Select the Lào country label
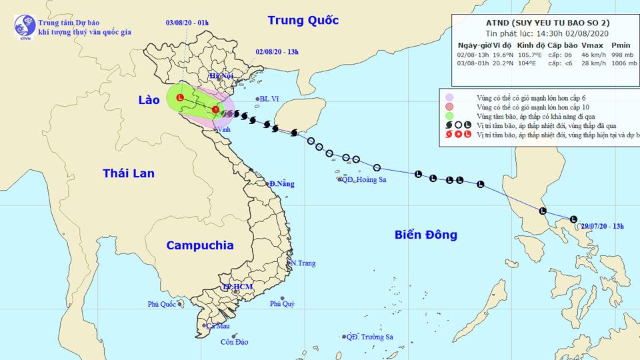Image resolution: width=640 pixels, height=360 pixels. tap(149, 99)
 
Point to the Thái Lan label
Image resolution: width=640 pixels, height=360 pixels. tap(129, 173)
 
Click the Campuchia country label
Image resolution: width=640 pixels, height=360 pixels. tap(200, 245)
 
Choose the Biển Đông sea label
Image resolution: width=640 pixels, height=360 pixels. tap(425, 235)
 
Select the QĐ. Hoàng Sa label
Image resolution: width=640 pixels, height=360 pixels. tap(366, 179)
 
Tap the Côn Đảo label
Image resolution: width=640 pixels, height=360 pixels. tap(234, 342)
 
